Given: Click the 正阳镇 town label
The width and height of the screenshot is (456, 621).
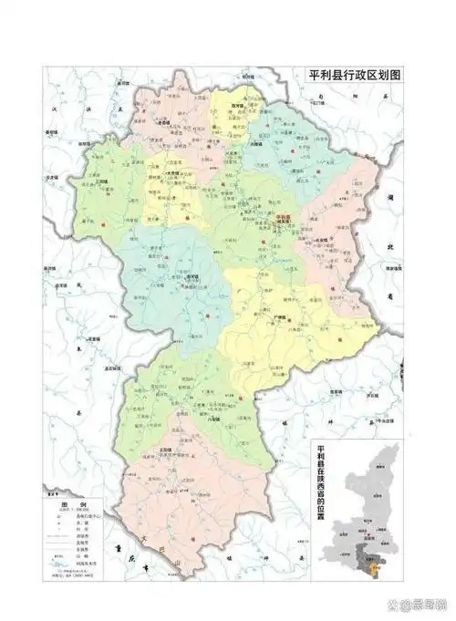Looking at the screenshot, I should [166, 450].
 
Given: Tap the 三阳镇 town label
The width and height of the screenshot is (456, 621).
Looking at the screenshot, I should [190, 276].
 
